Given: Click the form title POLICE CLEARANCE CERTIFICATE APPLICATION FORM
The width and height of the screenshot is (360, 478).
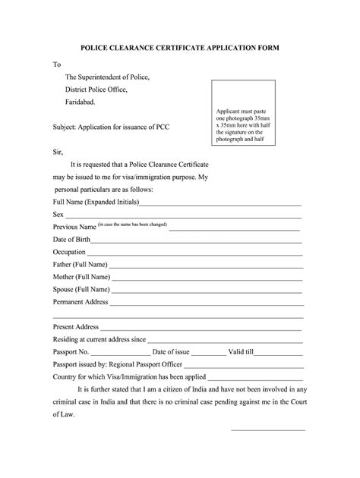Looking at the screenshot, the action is (x=180, y=47).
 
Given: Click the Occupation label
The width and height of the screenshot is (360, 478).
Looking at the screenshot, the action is (x=69, y=252).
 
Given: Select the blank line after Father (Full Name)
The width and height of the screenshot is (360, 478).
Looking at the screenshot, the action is (x=205, y=266).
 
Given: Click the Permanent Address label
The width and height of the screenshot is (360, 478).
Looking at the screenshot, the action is (x=81, y=302).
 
